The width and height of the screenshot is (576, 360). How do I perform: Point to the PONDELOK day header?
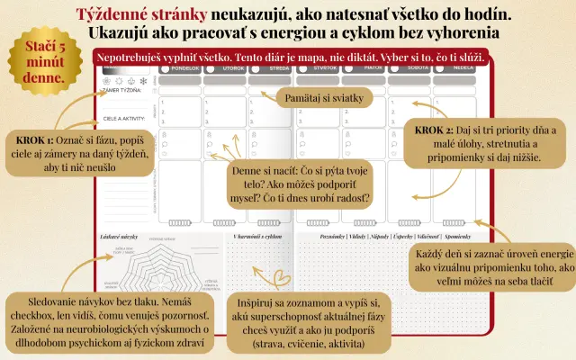click(x=178, y=67)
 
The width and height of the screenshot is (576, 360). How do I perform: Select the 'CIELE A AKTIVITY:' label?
click(x=124, y=116)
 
